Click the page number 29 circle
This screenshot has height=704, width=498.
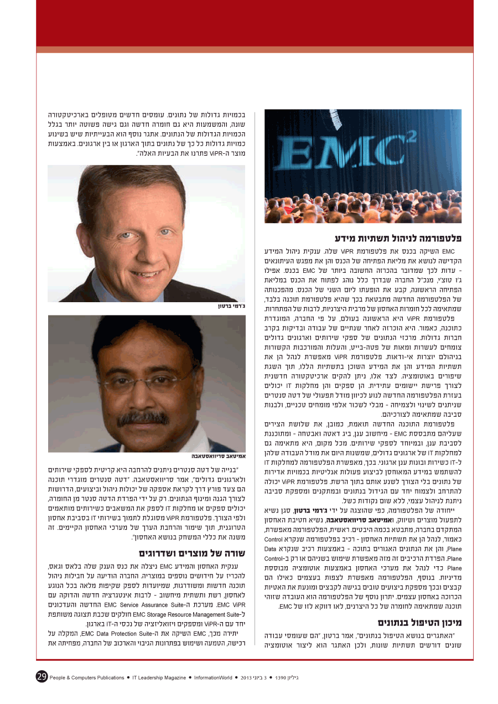(x=41, y=676)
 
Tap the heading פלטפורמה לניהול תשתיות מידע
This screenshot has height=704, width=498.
(x=398, y=239)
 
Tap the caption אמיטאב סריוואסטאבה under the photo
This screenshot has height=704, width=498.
(x=218, y=457)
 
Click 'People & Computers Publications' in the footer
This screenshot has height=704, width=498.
(x=87, y=677)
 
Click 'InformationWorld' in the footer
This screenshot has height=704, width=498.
(x=212, y=677)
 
